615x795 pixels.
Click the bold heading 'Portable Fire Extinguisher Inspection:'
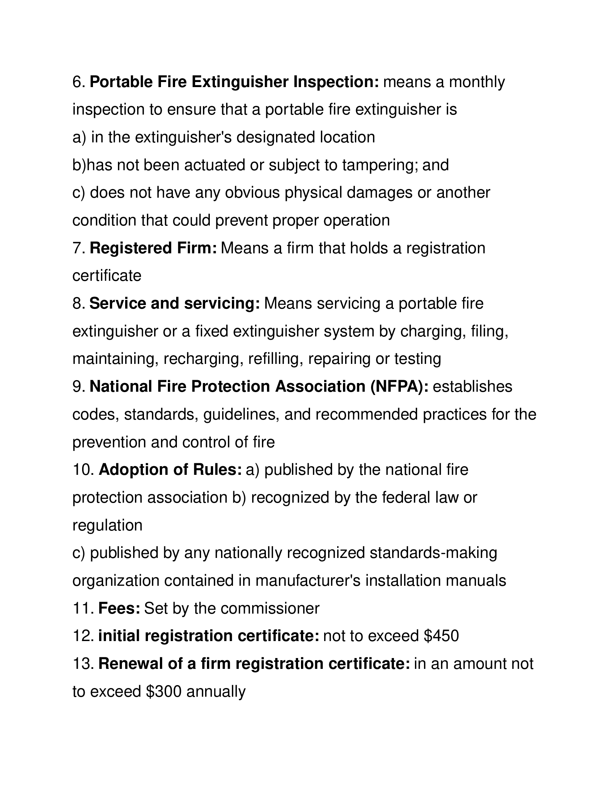point(234,82)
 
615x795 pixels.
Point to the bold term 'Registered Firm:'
point(153,248)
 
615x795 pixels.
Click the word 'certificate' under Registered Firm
point(107,276)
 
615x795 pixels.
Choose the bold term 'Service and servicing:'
point(174,304)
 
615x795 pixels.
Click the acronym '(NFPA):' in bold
point(399,387)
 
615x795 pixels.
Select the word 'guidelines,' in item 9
point(242,414)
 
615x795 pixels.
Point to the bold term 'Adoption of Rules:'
point(170,470)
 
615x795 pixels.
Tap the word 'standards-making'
point(433,553)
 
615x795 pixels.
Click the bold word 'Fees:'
point(119,608)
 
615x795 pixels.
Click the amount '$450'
point(441,636)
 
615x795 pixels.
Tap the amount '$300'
point(163,692)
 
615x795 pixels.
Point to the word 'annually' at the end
point(216,692)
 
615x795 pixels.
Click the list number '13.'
point(84,664)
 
